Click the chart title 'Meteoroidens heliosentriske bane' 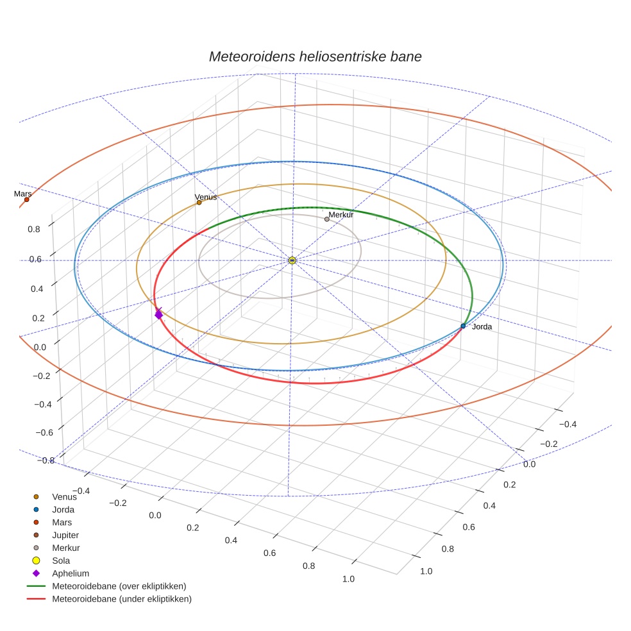pyautogui.click(x=315, y=56)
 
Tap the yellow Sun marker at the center pyautogui.click(x=292, y=260)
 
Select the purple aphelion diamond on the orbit pyautogui.click(x=158, y=314)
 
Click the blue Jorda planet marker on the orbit pyautogui.click(x=463, y=326)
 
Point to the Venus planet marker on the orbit pyautogui.click(x=199, y=203)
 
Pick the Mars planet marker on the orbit pyautogui.click(x=26, y=199)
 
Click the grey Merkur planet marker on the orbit pyautogui.click(x=326, y=219)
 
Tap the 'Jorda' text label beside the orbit pyautogui.click(x=482, y=327)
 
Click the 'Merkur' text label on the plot pyautogui.click(x=341, y=215)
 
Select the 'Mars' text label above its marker pyautogui.click(x=22, y=194)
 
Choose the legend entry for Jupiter pyautogui.click(x=65, y=535)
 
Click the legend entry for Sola pyautogui.click(x=61, y=560)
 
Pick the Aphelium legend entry pyautogui.click(x=70, y=573)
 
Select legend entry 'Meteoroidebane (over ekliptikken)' pyautogui.click(x=119, y=586)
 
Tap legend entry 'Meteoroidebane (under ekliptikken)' pyautogui.click(x=121, y=599)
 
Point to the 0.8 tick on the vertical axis pyautogui.click(x=34, y=229)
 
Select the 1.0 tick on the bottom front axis pyautogui.click(x=349, y=579)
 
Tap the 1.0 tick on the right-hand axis pyautogui.click(x=426, y=571)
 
